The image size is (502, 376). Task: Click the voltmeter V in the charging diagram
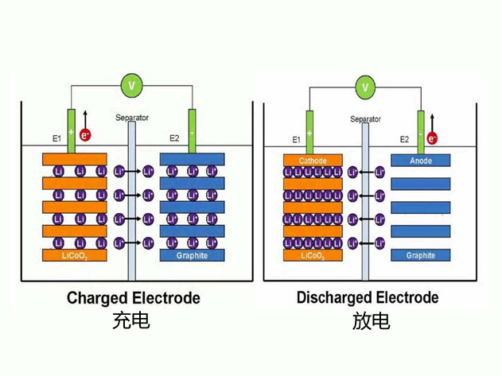tap(131, 82)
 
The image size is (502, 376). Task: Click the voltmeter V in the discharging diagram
tap(365, 86)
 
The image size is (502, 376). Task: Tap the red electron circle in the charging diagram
tap(85, 135)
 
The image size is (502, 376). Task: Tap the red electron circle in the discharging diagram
tap(433, 138)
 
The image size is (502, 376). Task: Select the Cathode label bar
tap(313, 161)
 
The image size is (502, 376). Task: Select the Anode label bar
tap(421, 161)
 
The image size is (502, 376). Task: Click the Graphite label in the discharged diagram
tap(421, 256)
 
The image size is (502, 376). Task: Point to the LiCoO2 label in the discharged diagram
tap(313, 256)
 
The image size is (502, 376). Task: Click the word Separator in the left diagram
tap(132, 118)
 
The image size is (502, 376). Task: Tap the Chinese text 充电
tap(131, 322)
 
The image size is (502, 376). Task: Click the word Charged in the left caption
tap(95, 299)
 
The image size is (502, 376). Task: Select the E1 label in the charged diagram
tap(57, 138)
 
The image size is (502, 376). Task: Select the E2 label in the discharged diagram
tap(404, 139)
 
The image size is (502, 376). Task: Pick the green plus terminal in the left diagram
tap(72, 131)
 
